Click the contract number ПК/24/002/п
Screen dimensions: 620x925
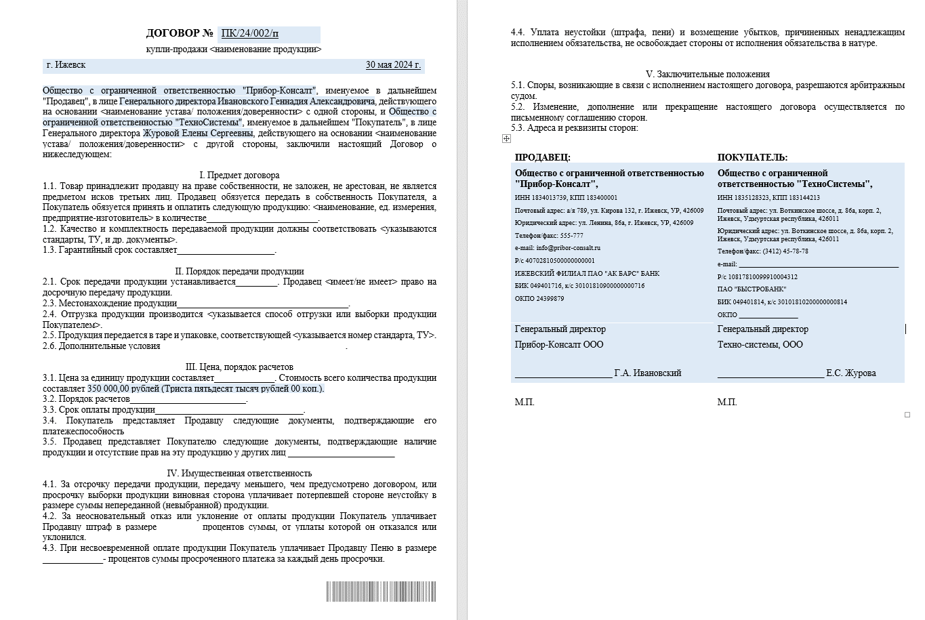(250, 33)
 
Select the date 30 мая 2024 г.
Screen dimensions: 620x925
(393, 65)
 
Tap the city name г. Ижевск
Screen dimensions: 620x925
(66, 65)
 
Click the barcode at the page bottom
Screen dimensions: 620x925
(381, 592)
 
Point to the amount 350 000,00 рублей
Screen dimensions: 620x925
(124, 389)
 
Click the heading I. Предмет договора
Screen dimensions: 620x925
(239, 175)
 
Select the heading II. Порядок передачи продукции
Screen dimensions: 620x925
(239, 271)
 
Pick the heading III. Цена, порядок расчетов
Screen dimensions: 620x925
(239, 367)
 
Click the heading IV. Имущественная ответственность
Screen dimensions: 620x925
(239, 474)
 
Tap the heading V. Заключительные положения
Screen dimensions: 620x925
(707, 74)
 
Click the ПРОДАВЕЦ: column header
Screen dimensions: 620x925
(542, 157)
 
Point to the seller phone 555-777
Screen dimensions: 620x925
(569, 236)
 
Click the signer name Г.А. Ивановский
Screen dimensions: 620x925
(648, 373)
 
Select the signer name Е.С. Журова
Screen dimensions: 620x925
(850, 373)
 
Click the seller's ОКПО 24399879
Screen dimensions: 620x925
(549, 299)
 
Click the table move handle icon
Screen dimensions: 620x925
(506, 139)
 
